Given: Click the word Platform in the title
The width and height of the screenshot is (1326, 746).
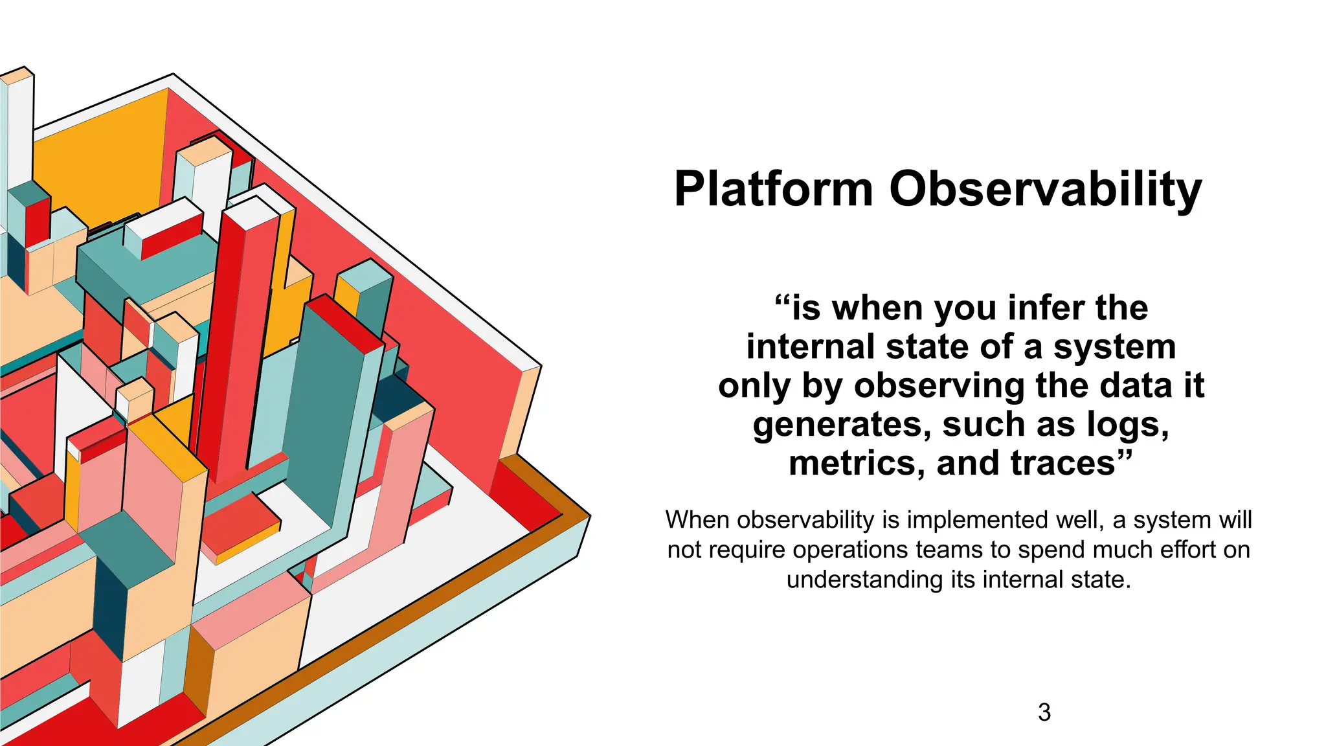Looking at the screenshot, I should (x=773, y=190).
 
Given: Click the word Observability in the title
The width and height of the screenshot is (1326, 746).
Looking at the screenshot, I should (x=1045, y=190).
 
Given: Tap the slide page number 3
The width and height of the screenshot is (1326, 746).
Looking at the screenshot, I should (x=1044, y=712).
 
